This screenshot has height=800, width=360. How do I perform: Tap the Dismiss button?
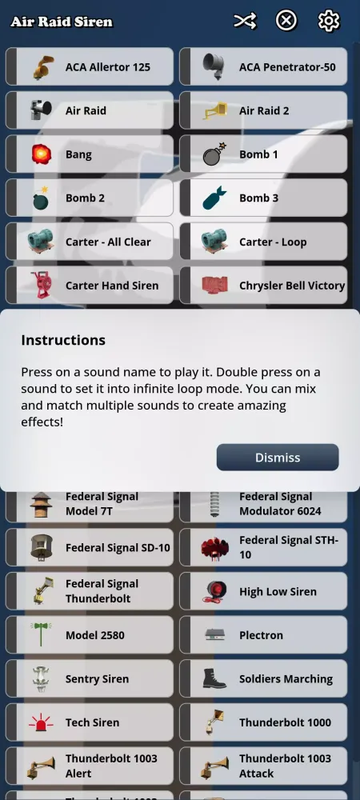click(278, 458)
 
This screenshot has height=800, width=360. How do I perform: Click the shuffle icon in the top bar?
click(245, 21)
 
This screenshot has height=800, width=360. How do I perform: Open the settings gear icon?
click(329, 21)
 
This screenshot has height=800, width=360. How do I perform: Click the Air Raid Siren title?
click(62, 22)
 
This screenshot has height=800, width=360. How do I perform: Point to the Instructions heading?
click(63, 340)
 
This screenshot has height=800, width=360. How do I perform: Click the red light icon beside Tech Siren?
click(41, 722)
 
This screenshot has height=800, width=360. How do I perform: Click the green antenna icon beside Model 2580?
click(41, 635)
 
